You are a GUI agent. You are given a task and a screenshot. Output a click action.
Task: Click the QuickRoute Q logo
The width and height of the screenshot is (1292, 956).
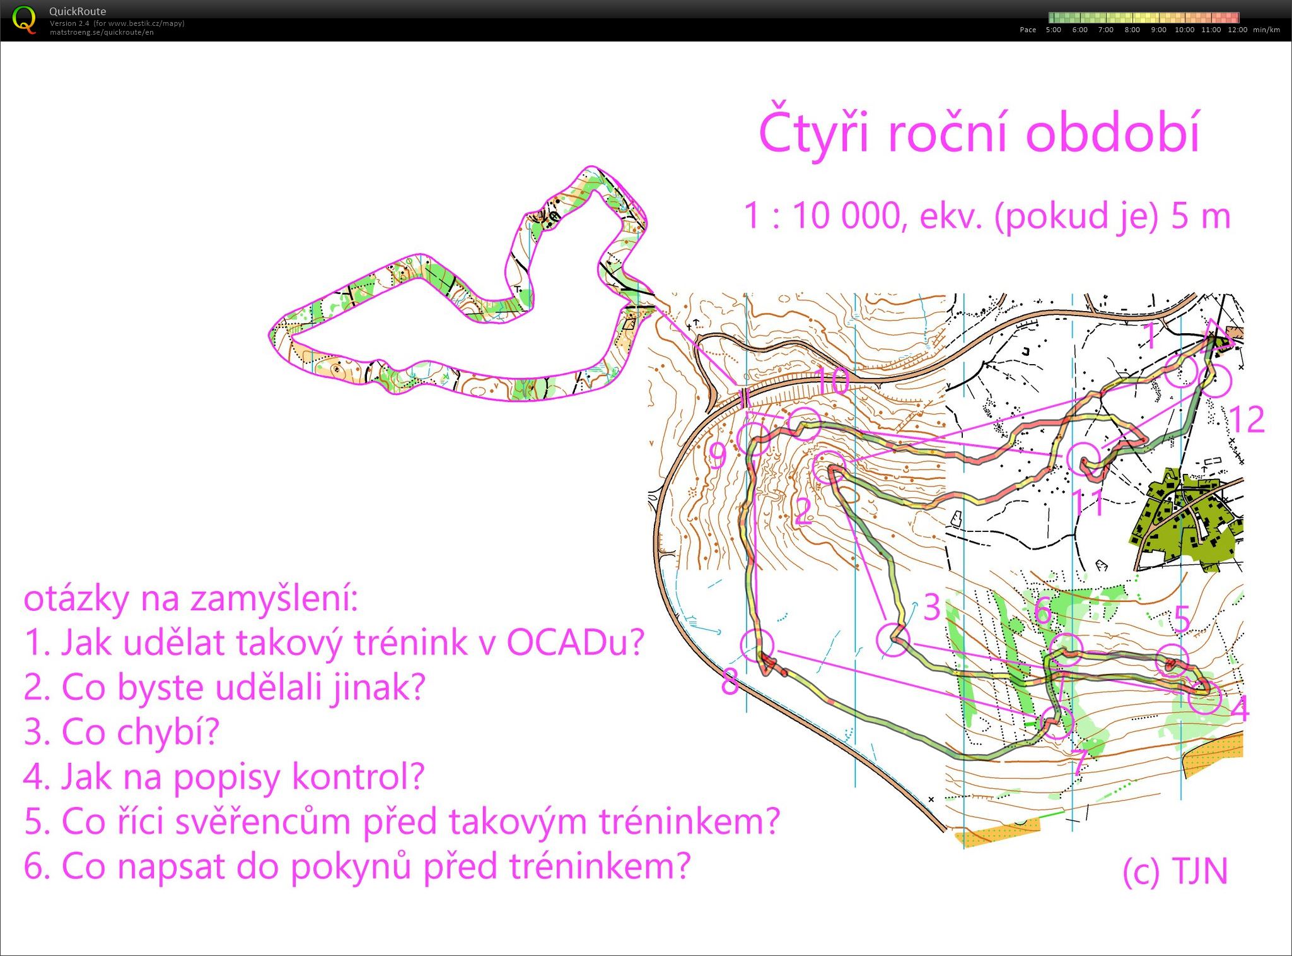[24, 20]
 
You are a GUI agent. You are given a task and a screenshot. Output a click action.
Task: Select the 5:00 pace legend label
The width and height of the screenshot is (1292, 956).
[1053, 30]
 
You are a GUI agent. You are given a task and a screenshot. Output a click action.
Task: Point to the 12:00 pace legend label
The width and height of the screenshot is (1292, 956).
[1237, 30]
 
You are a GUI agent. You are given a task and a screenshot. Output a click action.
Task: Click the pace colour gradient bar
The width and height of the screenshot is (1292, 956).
[1144, 18]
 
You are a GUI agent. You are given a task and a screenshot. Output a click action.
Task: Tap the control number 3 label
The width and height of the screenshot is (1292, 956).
[932, 608]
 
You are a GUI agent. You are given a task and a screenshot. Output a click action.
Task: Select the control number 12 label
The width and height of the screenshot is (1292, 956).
[1247, 420]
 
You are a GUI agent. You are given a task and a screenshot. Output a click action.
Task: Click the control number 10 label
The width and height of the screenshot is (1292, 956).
[832, 382]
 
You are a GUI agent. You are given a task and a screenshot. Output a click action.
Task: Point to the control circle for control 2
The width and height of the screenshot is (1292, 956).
[828, 468]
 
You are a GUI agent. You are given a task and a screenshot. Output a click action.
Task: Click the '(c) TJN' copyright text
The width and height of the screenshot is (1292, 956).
[1175, 871]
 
